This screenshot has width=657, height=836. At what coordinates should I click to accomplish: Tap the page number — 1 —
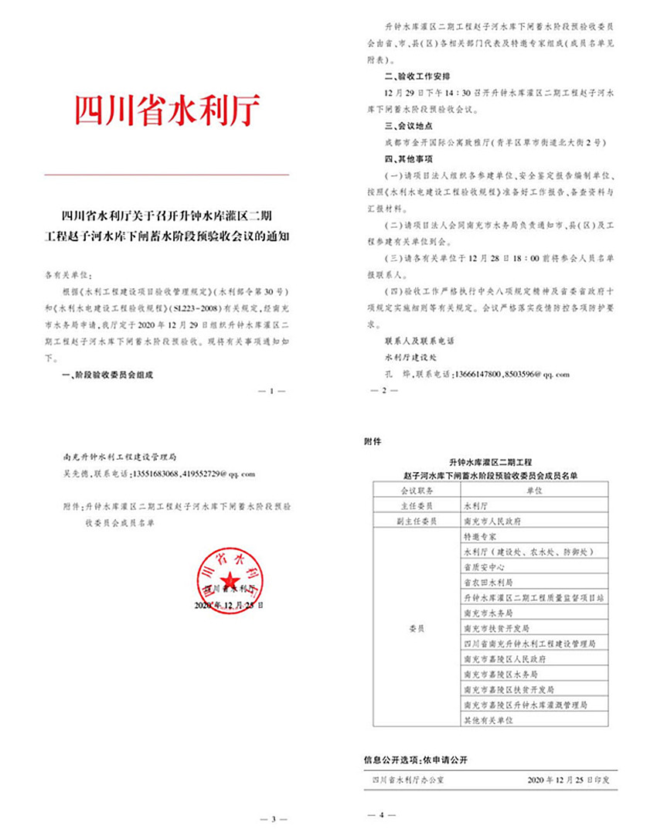tap(272, 391)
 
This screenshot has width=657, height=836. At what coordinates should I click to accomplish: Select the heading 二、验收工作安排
tap(413, 78)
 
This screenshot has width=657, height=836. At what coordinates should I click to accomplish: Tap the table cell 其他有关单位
tap(488, 719)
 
